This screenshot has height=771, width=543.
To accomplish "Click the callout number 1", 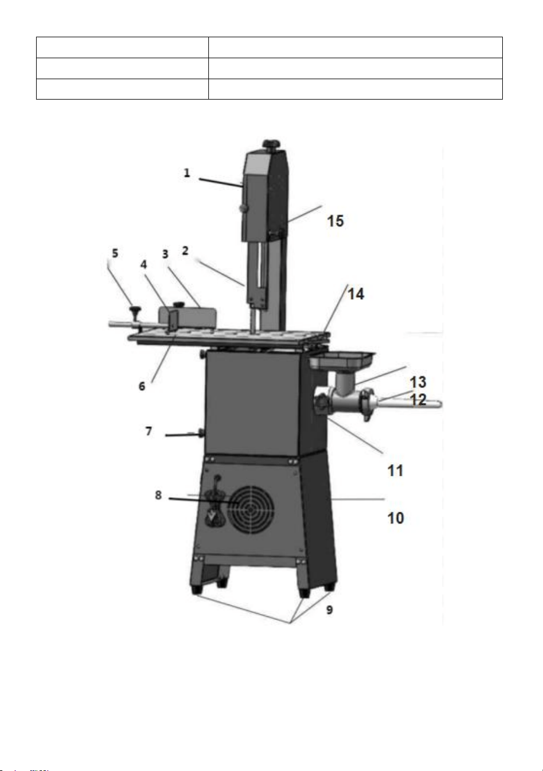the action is point(187,172).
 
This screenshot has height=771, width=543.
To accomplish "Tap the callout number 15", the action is point(335,221).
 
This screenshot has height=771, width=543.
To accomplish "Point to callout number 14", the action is point(356,294).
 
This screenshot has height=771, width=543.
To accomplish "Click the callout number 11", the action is point(395,470).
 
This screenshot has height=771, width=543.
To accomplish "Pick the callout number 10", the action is point(395,518).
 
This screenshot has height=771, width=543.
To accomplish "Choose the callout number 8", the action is point(158,495).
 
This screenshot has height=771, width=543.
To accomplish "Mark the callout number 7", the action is point(148,431).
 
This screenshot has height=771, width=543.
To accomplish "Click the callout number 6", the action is point(142,386).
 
